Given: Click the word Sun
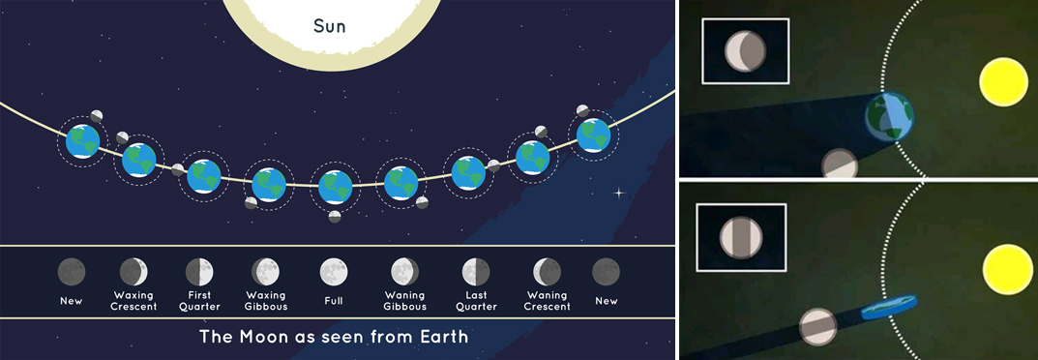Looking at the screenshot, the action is click(x=330, y=26).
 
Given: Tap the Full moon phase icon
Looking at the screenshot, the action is click(x=334, y=271).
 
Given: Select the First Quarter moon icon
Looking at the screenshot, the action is click(x=199, y=271).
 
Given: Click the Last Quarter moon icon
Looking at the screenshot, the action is click(x=476, y=271).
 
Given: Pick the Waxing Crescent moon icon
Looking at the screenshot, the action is click(x=133, y=271).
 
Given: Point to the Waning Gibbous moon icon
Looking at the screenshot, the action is click(x=404, y=271).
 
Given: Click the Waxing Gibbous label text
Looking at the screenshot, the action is click(x=265, y=300).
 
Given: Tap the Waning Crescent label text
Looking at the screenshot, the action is click(x=548, y=300).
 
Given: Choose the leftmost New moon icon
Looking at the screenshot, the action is click(x=72, y=271).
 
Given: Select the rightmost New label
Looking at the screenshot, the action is click(x=606, y=300).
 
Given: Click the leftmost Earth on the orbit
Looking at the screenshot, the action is click(x=83, y=141).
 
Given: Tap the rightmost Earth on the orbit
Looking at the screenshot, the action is click(x=593, y=135).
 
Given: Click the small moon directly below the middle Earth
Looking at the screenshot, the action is click(x=335, y=217).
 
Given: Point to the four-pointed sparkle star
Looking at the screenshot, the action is click(x=620, y=193).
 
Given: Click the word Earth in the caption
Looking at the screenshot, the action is click(x=444, y=336).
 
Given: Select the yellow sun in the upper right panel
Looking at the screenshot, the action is click(x=1003, y=81).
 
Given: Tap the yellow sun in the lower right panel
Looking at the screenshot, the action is click(x=1008, y=269).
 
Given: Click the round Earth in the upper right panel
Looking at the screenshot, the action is click(x=890, y=116).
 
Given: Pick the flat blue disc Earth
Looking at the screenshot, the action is click(x=888, y=308).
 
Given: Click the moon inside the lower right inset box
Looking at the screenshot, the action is click(x=741, y=237).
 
